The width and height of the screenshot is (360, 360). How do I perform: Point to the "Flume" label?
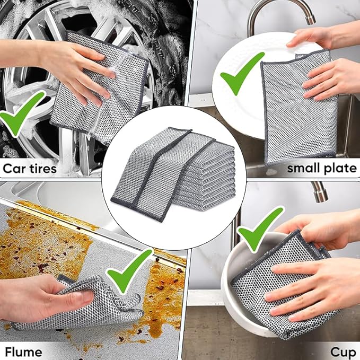pyautogui.click(x=23, y=352)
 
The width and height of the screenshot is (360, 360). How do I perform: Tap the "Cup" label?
pyautogui.click(x=343, y=352)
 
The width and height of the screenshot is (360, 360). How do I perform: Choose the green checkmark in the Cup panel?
pyautogui.click(x=260, y=229)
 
